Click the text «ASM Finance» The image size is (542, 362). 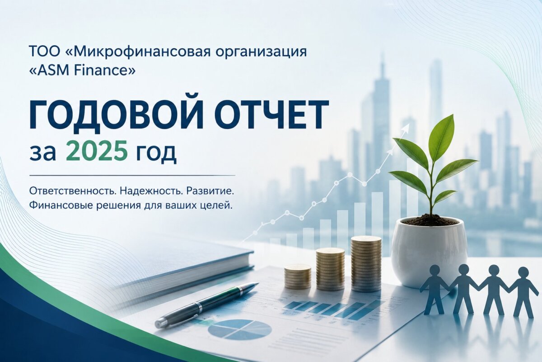coord(82,70)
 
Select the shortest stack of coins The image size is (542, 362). coord(298,276)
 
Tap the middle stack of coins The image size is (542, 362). coord(330,269)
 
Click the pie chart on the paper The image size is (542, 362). coord(240,329)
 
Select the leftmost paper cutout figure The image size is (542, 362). coord(435,289)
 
